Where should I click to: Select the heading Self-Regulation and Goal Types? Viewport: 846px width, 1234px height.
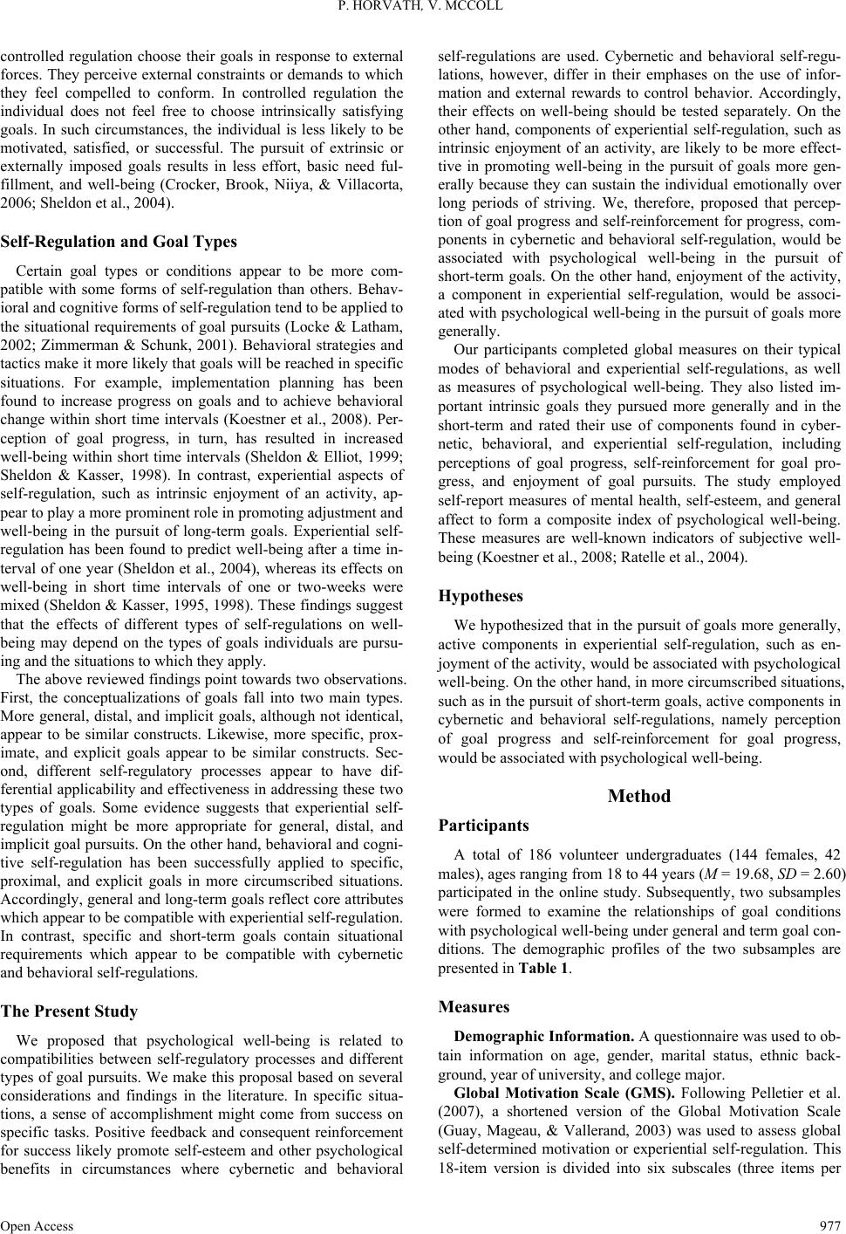[119, 242]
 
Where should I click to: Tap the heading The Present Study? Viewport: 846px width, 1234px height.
[70, 1011]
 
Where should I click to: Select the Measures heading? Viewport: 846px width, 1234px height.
[474, 1007]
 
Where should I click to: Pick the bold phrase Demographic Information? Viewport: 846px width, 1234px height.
[545, 1037]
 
